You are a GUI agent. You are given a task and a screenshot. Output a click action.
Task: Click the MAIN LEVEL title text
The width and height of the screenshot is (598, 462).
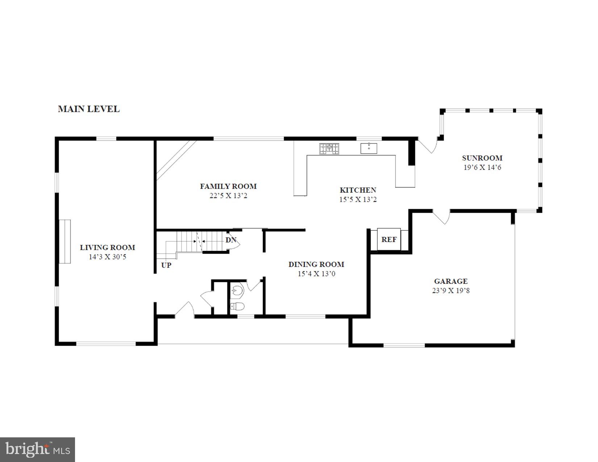click(89, 109)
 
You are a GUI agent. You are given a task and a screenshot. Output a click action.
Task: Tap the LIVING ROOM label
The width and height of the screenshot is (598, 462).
click(107, 247)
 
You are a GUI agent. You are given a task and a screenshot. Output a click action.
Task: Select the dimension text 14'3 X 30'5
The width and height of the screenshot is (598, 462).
click(107, 257)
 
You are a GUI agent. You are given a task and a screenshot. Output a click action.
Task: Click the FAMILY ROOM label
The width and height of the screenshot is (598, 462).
click(228, 186)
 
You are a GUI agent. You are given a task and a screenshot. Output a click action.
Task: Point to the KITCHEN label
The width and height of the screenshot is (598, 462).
click(358, 190)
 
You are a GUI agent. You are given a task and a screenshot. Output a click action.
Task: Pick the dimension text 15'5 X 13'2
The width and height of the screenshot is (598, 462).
click(358, 199)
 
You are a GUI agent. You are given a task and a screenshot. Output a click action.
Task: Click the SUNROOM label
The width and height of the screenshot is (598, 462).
click(482, 158)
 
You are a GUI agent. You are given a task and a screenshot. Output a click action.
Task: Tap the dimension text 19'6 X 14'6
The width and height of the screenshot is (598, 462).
click(482, 167)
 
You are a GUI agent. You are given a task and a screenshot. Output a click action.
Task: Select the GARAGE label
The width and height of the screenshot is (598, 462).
click(451, 281)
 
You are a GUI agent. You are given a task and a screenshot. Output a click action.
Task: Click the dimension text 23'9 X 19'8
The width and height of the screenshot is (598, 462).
click(451, 291)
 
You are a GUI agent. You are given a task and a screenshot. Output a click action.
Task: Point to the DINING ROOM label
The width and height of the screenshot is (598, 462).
click(316, 265)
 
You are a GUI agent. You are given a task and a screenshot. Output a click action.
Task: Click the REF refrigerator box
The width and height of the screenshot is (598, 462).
click(389, 240)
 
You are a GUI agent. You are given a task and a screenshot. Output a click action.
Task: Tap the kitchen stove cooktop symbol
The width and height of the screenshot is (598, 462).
click(329, 149)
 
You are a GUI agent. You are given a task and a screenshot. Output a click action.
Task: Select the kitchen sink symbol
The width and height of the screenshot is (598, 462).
click(369, 148)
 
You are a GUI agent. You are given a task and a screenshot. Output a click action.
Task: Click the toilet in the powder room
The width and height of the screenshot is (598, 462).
click(237, 307)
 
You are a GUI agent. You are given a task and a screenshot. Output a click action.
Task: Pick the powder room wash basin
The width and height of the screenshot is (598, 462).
click(237, 290)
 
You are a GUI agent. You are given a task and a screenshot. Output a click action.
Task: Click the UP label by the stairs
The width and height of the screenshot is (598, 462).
click(166, 265)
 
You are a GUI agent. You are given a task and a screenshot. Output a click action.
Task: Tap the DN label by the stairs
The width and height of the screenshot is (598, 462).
click(231, 240)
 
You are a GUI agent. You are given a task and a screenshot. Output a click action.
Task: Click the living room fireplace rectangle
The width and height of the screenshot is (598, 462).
click(65, 241)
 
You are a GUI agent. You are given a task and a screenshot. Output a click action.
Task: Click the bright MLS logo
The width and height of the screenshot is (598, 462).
click(38, 450)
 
